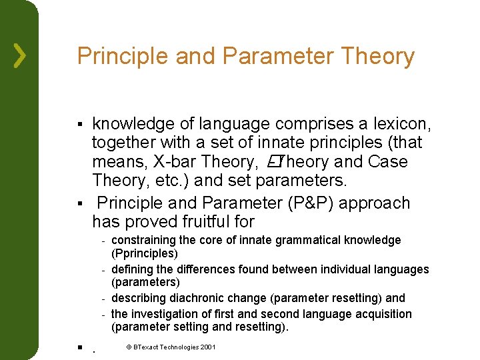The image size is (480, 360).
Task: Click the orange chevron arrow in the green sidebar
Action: pos(20,57)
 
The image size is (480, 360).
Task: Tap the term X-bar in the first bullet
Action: pos(173,162)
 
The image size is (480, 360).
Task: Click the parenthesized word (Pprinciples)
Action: pos(145,254)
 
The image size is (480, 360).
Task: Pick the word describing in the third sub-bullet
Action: pos(141,298)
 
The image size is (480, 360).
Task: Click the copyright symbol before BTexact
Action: pos(129,347)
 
